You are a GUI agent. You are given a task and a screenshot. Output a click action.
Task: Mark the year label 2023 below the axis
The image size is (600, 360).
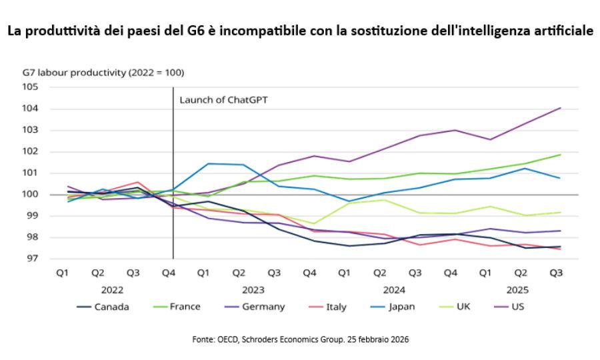click(x=253, y=290)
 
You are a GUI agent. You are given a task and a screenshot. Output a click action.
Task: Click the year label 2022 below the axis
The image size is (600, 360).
click(x=112, y=290)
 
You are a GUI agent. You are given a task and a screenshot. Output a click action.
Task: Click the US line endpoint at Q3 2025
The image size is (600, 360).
click(x=560, y=108)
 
